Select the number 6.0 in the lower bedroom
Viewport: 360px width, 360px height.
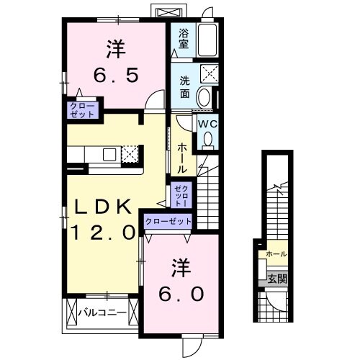[181, 294]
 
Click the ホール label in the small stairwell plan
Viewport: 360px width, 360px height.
[276, 254]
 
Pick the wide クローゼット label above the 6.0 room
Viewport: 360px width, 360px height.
[168, 222]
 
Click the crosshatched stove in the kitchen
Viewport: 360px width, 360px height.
[130, 153]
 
